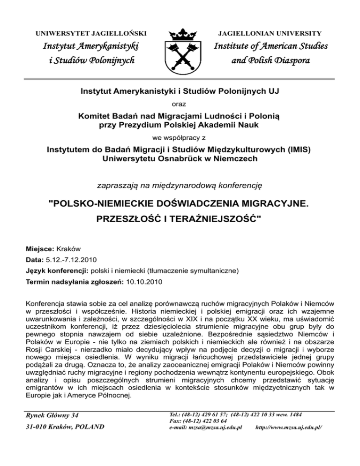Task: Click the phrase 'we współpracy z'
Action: point(180,138)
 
